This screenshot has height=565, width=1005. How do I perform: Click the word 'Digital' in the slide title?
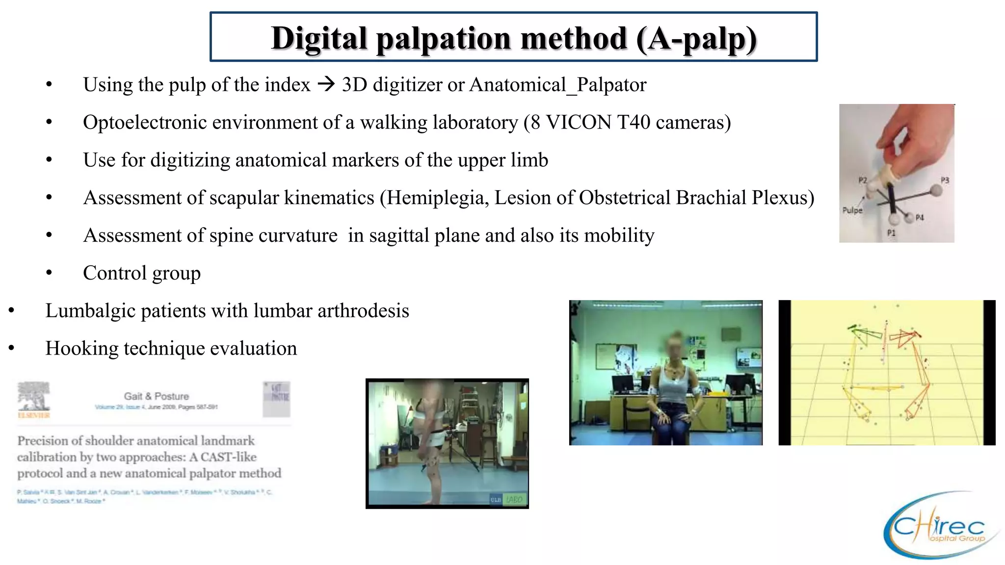pyautogui.click(x=319, y=38)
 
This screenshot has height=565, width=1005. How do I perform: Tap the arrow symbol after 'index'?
pyautogui.click(x=326, y=84)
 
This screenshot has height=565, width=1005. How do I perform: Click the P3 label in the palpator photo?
pyautogui.click(x=945, y=180)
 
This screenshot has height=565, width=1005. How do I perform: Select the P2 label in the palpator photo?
pyautogui.click(x=863, y=180)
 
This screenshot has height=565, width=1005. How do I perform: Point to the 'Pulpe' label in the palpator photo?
pyautogui.click(x=852, y=210)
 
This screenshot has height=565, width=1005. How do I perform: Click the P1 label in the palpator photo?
pyautogui.click(x=891, y=233)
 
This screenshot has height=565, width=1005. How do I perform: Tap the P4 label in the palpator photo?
pyautogui.click(x=919, y=217)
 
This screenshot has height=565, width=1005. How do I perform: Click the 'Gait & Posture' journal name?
pyautogui.click(x=156, y=396)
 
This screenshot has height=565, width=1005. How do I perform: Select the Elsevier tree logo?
pyautogui.click(x=33, y=396)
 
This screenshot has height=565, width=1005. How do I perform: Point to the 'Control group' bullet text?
pyautogui.click(x=142, y=273)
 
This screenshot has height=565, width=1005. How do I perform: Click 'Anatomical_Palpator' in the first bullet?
pyautogui.click(x=558, y=85)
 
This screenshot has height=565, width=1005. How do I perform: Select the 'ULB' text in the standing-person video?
pyautogui.click(x=496, y=500)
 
